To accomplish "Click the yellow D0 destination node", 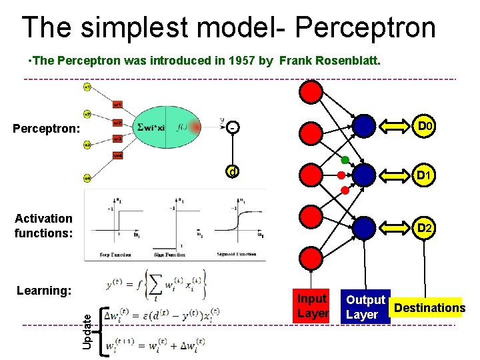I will pyautogui.click(x=425, y=125).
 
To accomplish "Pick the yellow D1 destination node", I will pyautogui.click(x=425, y=176).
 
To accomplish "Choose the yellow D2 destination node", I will pyautogui.click(x=425, y=228).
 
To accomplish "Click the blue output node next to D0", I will pyautogui.click(x=364, y=125).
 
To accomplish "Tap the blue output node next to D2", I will pyautogui.click(x=364, y=228).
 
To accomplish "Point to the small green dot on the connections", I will pyautogui.click(x=345, y=160).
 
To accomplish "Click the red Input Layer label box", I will pyautogui.click(x=312, y=307).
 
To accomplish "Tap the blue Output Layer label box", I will pyautogui.click(x=365, y=307).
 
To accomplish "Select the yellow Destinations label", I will pyautogui.click(x=429, y=307).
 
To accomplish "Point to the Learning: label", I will pyautogui.click(x=43, y=291).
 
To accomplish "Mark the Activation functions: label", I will pyautogui.click(x=43, y=225).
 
